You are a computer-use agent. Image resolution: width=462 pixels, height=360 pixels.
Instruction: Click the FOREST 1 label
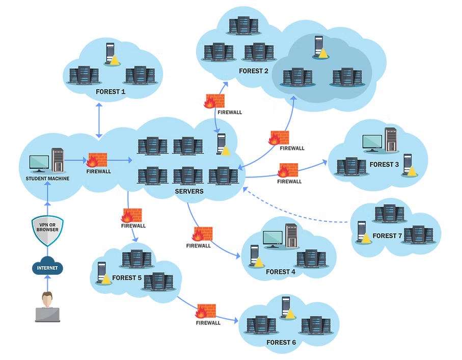(111, 92)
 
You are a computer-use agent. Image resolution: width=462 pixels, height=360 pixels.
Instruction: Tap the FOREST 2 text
(254, 71)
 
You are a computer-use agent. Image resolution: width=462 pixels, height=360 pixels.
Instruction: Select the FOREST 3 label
(385, 164)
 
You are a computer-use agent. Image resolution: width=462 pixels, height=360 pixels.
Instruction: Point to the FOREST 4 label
(281, 272)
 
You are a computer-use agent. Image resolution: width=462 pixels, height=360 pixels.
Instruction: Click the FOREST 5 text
(127, 278)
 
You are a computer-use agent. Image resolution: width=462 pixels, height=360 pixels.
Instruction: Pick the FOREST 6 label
(281, 342)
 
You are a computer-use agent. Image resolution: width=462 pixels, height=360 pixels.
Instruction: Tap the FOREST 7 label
(388, 236)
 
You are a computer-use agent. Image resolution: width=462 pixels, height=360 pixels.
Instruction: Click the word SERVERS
(189, 191)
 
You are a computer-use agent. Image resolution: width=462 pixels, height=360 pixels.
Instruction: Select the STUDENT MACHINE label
(47, 178)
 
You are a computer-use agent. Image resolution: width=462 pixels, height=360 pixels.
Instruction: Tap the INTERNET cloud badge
(47, 268)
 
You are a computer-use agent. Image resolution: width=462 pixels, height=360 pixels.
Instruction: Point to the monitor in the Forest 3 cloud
(372, 142)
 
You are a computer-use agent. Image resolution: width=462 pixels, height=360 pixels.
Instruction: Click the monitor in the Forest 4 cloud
(273, 238)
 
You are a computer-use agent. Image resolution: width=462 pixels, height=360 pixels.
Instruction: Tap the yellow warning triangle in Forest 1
(115, 60)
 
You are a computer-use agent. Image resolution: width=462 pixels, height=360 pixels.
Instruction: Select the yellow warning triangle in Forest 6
(290, 314)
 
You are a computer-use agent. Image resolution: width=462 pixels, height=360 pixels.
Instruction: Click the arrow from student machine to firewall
(76, 160)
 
